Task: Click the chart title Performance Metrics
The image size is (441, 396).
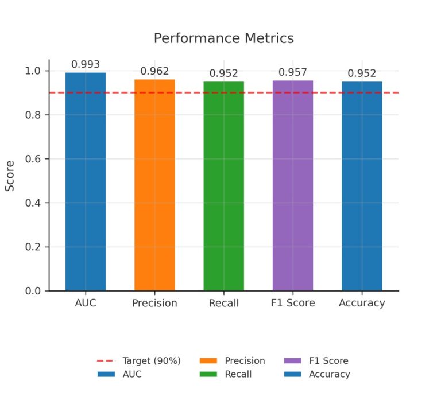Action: (x=223, y=38)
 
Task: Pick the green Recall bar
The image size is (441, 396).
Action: (x=223, y=186)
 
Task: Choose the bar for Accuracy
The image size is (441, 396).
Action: (x=362, y=186)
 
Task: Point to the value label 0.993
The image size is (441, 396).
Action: (x=86, y=64)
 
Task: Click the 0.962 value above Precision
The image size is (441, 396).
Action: (x=154, y=71)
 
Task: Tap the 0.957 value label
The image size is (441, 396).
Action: (x=293, y=72)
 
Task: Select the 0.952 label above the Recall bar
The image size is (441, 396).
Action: (x=223, y=73)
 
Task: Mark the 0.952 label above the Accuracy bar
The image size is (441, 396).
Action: (x=362, y=73)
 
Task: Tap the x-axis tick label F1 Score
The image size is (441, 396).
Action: (x=293, y=303)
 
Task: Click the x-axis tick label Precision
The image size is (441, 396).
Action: (x=154, y=303)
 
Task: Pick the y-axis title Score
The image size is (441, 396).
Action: (x=10, y=181)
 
